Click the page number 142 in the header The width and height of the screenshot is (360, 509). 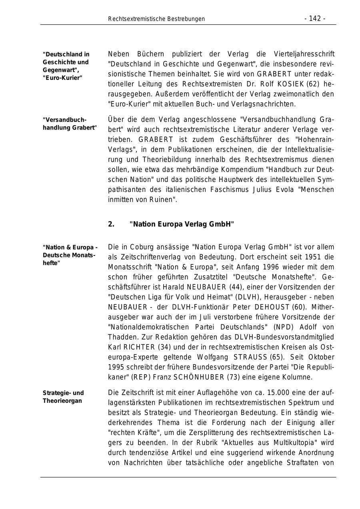tap(315, 19)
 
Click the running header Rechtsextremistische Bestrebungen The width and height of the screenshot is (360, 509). tap(156, 19)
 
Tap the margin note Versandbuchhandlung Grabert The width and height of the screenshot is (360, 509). tap(70, 124)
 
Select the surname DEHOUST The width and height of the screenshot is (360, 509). tap(273, 307)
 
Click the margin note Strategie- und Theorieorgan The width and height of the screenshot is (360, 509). tap(63, 397)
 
